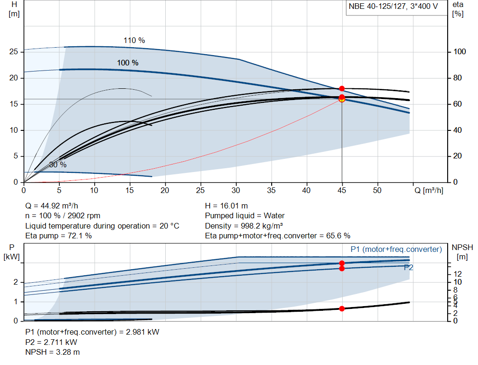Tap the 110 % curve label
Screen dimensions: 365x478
click(134, 40)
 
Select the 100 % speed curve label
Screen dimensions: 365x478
click(127, 63)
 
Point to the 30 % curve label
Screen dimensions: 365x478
click(58, 165)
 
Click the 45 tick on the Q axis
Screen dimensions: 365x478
click(342, 190)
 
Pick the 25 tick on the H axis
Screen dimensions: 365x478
click(14, 52)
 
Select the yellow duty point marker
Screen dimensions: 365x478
click(342, 99)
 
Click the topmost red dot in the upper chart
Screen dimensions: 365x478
click(342, 88)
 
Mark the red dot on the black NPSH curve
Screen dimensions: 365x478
click(342, 308)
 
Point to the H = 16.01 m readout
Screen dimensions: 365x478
click(226, 206)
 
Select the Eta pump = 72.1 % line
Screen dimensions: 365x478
click(58, 236)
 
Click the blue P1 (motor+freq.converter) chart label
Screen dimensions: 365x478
click(396, 249)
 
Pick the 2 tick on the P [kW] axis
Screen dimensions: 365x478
click(15, 282)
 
